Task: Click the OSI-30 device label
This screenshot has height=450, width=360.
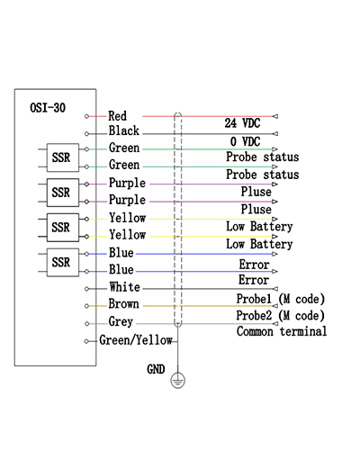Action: (x=48, y=108)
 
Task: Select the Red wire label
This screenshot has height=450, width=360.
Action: (x=117, y=116)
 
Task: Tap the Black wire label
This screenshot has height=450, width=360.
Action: (x=124, y=130)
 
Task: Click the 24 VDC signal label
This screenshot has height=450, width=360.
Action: (x=242, y=123)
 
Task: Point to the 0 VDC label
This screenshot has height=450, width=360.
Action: (x=245, y=141)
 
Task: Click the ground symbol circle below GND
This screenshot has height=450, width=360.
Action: (x=178, y=381)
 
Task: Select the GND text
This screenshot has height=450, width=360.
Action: (x=156, y=369)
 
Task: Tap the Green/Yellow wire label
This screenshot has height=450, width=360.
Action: (x=136, y=340)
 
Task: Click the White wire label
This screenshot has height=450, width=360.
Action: (x=124, y=287)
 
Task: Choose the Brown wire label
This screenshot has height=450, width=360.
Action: (x=123, y=304)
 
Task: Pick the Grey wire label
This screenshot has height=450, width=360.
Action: (x=121, y=321)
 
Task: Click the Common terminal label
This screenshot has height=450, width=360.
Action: (x=282, y=331)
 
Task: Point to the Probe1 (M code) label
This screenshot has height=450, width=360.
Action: (x=281, y=299)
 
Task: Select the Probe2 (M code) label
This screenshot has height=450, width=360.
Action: (x=281, y=316)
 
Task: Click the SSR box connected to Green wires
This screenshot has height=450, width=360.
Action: (x=63, y=157)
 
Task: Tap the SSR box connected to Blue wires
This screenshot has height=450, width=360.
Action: (x=63, y=262)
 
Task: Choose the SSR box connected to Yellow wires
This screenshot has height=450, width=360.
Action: (x=63, y=228)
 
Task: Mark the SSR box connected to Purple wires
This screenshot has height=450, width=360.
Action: (x=63, y=193)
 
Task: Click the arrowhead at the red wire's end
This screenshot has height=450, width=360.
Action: (x=274, y=116)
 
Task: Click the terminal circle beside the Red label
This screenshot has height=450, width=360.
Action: (x=86, y=116)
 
